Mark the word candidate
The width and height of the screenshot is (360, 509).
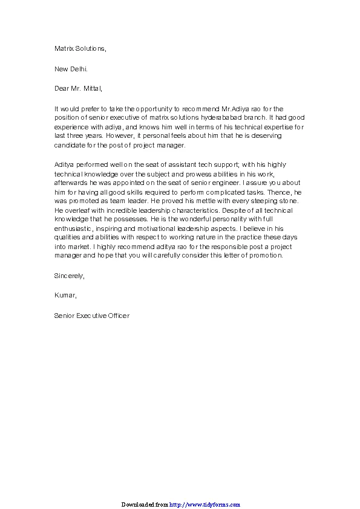point(70,145)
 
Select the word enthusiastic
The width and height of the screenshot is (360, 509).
point(76,228)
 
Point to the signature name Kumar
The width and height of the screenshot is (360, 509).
point(65,296)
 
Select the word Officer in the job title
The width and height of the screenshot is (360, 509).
point(118,316)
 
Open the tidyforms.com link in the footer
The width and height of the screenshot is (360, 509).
point(205,504)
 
